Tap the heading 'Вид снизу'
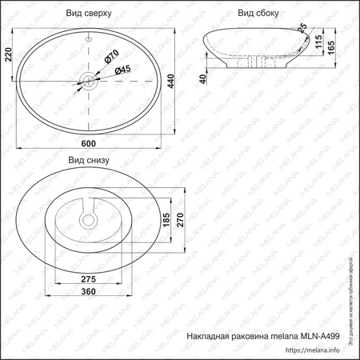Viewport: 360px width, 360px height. [x=88, y=160]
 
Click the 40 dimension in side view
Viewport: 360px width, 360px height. [x=205, y=78]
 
